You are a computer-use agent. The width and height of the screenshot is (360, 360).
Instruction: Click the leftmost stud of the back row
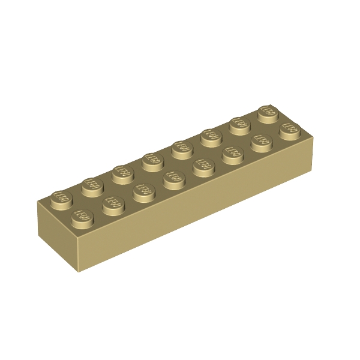(x=62, y=196)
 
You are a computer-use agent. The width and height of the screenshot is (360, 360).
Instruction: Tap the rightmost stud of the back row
(x=268, y=112)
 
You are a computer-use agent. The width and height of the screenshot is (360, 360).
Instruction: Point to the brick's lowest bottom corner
(x=79, y=272)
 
